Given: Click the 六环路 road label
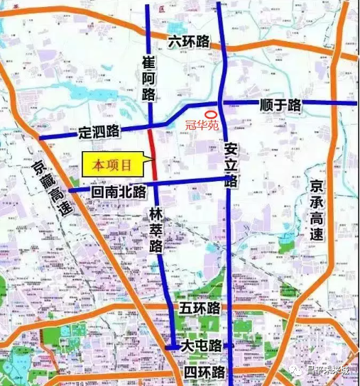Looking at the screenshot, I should (x=188, y=41).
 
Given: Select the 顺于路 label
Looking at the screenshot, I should (x=280, y=106).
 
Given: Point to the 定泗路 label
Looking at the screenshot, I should (x=99, y=132).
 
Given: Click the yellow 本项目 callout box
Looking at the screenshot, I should (x=112, y=165).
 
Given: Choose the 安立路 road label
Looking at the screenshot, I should (x=231, y=165).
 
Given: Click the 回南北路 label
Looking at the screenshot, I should (x=119, y=191).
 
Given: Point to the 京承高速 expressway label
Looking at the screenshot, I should (x=317, y=209).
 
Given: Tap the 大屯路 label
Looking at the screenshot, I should (x=201, y=346).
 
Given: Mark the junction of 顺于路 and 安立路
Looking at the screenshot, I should (x=222, y=104).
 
